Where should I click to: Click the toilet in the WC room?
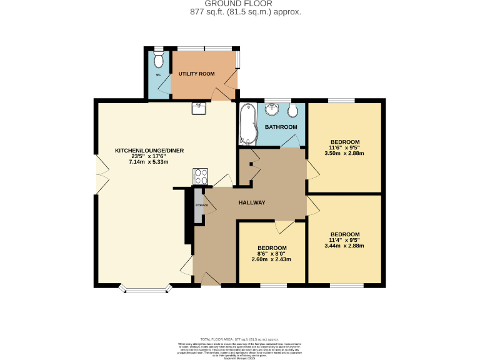159,60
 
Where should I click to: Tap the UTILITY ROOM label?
196,74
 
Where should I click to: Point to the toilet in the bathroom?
294,111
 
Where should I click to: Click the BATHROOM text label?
281,127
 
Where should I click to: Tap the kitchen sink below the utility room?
199,109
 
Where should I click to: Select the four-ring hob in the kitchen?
201,177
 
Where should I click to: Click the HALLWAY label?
252,202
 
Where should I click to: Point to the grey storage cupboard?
199,207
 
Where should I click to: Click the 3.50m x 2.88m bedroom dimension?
344,153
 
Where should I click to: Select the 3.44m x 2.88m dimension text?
344,246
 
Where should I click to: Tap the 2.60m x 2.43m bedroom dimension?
272,259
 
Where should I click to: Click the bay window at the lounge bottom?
146,288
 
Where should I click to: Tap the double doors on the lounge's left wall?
97,175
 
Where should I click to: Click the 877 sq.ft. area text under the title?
246,12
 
